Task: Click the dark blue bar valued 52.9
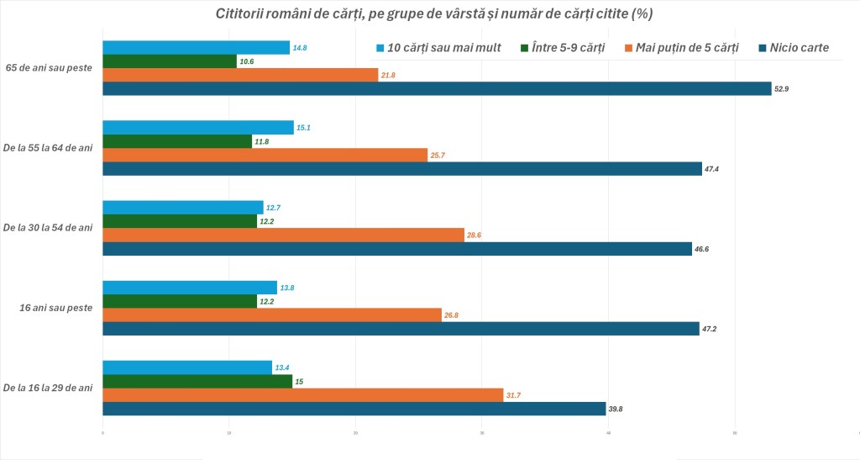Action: [x=437, y=88]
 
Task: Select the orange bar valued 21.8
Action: [x=240, y=75]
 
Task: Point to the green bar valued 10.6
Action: [x=170, y=61]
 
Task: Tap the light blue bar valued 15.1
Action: [x=198, y=128]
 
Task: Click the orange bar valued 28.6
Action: [x=283, y=235]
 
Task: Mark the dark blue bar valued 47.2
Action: [x=401, y=329]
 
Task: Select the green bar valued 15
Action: [x=197, y=382]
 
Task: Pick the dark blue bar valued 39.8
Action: [x=354, y=409]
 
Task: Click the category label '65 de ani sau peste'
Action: [x=49, y=68]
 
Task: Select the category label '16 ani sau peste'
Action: [x=55, y=308]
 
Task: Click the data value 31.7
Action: [x=517, y=395]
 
